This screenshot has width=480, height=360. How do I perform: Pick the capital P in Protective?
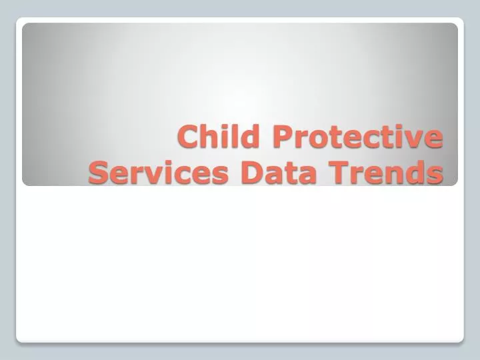tap(283, 138)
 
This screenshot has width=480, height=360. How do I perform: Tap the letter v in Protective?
tap(414, 140)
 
